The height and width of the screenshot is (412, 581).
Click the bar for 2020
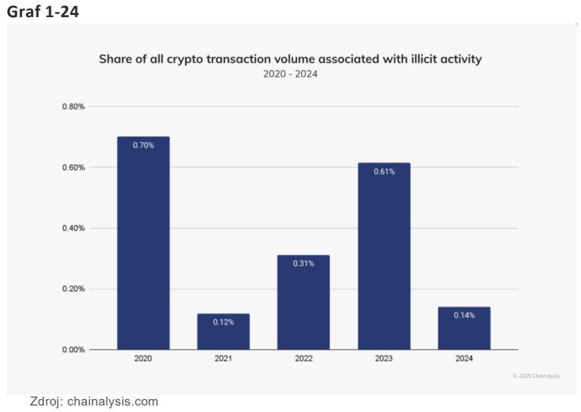[x=143, y=244]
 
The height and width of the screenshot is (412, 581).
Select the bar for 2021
[x=223, y=332]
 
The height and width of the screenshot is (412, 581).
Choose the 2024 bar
[x=464, y=329]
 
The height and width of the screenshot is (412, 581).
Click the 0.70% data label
[x=143, y=145]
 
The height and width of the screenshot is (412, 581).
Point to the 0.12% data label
[x=223, y=322]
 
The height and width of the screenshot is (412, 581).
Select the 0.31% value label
[x=303, y=263]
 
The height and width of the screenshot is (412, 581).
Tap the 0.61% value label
[x=384, y=171]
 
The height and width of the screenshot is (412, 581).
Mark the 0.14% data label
[x=464, y=315]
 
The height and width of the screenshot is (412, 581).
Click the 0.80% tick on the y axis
[x=72, y=107]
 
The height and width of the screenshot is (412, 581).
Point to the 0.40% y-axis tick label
[x=72, y=228]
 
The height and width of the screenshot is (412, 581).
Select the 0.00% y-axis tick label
[x=72, y=350]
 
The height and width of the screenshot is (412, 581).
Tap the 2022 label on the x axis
[x=303, y=358]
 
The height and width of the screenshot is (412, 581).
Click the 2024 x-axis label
[x=464, y=358]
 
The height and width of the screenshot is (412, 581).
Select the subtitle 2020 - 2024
[x=290, y=73]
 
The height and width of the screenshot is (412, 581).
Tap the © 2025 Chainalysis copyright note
[x=537, y=376]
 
